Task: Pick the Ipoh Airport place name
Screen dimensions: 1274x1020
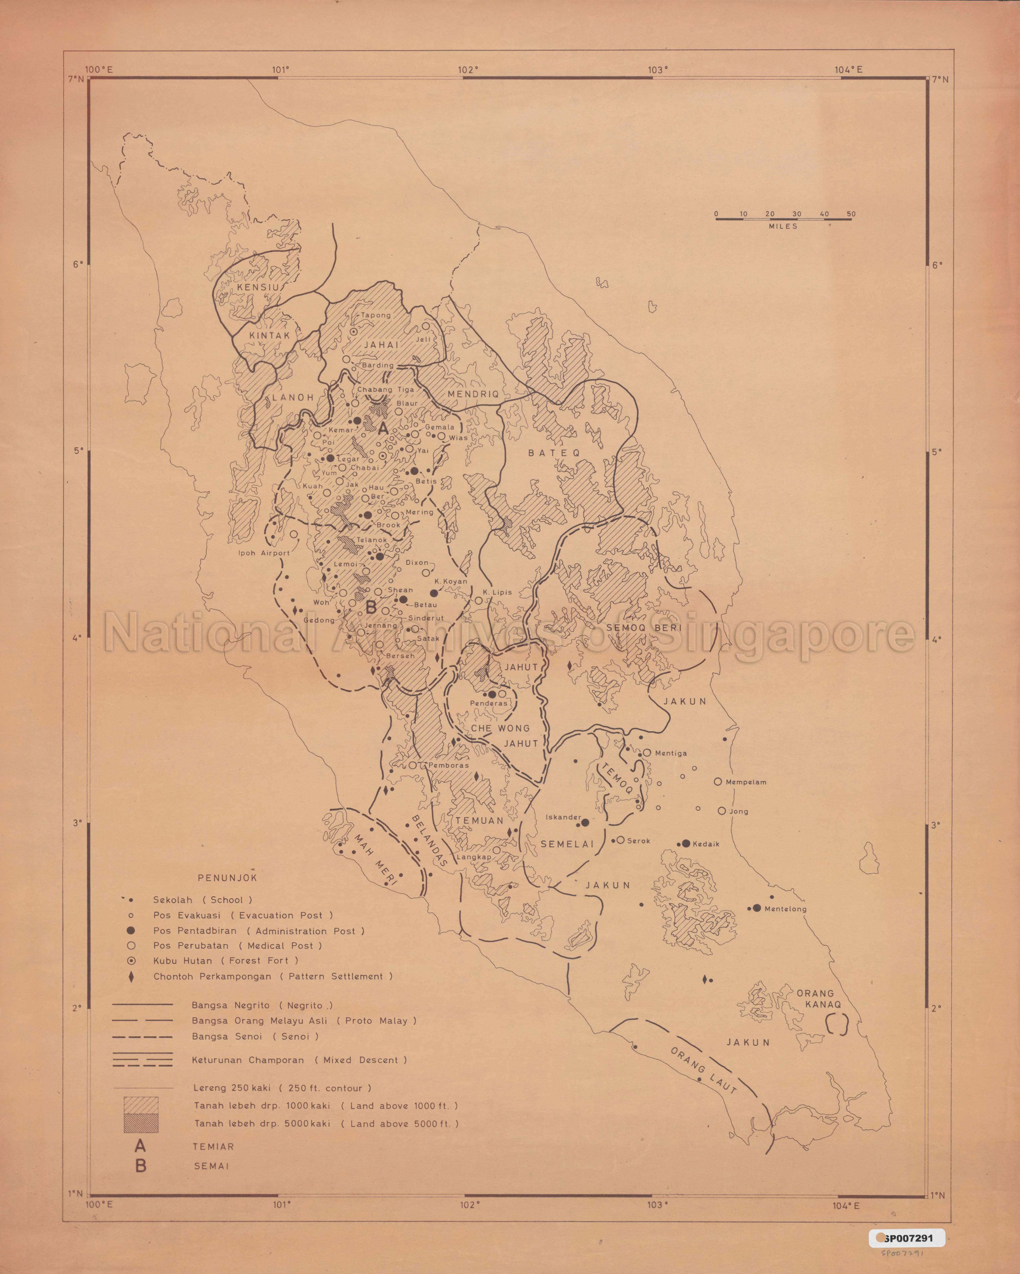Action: pos(264,553)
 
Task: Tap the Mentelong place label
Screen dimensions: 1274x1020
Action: pos(785,909)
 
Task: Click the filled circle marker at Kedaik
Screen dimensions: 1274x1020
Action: pos(686,843)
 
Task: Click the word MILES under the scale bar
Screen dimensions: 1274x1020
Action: pos(783,226)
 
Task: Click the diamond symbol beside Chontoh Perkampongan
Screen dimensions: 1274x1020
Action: pos(131,976)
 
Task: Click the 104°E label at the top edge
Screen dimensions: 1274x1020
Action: pos(848,69)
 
